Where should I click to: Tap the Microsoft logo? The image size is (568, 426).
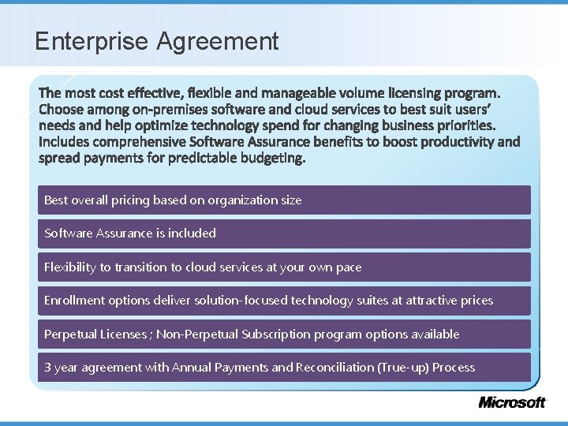click(512, 402)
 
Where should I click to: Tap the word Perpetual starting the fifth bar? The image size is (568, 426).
click(70, 334)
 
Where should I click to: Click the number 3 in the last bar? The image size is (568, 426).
click(48, 368)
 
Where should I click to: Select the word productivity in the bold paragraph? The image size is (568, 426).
click(458, 143)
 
